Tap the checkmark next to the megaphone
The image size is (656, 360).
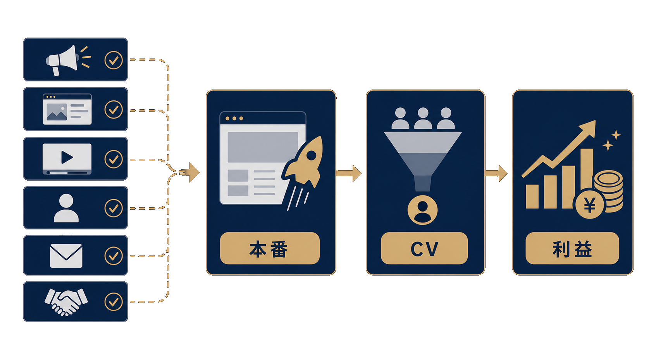[x=114, y=60]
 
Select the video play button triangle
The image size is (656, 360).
[x=67, y=158]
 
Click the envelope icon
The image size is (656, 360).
[x=66, y=256]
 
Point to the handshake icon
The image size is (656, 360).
[x=66, y=302]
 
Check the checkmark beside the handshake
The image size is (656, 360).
[x=114, y=302]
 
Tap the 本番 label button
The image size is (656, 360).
[x=270, y=248]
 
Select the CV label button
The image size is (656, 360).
[x=424, y=248]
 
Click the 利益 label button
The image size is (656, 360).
[x=572, y=248]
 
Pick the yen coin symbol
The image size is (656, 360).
[x=590, y=205]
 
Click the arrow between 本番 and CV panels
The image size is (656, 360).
[x=348, y=173]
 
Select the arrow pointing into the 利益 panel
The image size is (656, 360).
[x=496, y=173]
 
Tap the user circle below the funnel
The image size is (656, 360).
[x=423, y=210]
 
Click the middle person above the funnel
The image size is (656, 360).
[x=423, y=118]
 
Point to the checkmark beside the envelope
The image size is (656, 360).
[x=114, y=256]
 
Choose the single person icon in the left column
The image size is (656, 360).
[x=66, y=208]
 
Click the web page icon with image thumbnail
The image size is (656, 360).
[x=67, y=109]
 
